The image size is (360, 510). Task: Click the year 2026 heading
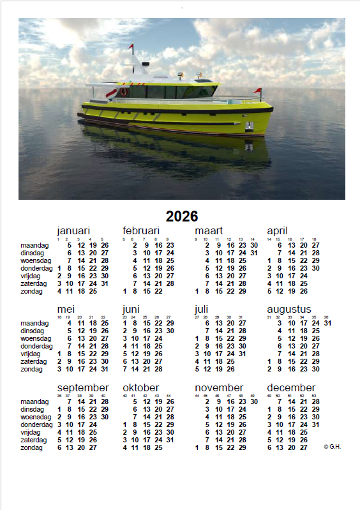[x=182, y=216]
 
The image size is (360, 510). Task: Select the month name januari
[x=73, y=231]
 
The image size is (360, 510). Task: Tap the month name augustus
[x=289, y=310]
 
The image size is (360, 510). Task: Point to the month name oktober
[x=140, y=388]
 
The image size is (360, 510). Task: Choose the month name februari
[x=140, y=231]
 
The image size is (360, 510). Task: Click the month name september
[x=83, y=388]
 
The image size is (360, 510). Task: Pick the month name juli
[x=201, y=310]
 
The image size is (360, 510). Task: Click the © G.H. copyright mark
[x=332, y=447]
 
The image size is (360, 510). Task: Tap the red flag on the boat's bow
[x=258, y=91]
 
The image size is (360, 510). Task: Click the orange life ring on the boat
[x=124, y=92]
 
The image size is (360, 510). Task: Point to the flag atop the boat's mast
[x=131, y=47]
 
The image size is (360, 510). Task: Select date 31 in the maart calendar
[x=254, y=253]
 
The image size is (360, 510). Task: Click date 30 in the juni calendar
[x=170, y=331]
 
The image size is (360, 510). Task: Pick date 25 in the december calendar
[x=303, y=433]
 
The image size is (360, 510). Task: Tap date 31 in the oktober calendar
[x=170, y=440]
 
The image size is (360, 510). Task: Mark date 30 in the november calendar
[x=254, y=402]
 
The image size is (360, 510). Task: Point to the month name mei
[x=66, y=310]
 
